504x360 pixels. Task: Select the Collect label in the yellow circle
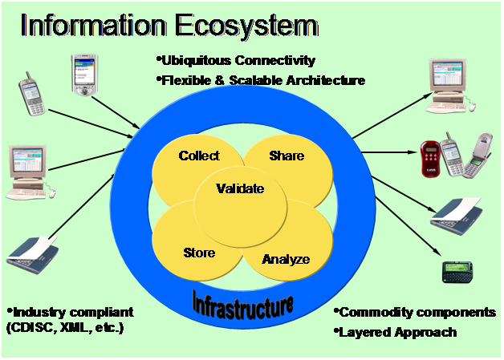pyautogui.click(x=199, y=156)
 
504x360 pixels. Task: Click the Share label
pyautogui.click(x=287, y=155)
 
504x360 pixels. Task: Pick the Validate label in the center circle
pyautogui.click(x=240, y=190)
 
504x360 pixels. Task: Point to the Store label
pyautogui.click(x=199, y=253)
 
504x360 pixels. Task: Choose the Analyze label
pyautogui.click(x=286, y=259)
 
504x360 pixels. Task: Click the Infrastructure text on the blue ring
pyautogui.click(x=242, y=303)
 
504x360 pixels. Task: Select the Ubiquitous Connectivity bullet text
pyautogui.click(x=236, y=61)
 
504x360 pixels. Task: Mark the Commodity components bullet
pyautogui.click(x=416, y=313)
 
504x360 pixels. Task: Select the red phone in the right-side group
pyautogui.click(x=433, y=158)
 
